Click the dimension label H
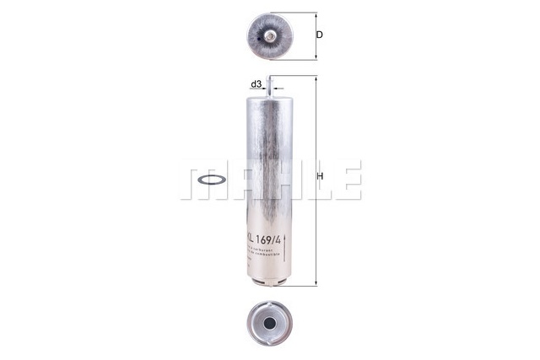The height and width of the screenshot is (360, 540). (320, 177)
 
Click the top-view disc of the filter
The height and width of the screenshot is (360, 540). (269, 36)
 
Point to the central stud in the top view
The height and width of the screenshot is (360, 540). (269, 36)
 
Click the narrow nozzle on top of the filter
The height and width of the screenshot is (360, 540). (269, 83)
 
